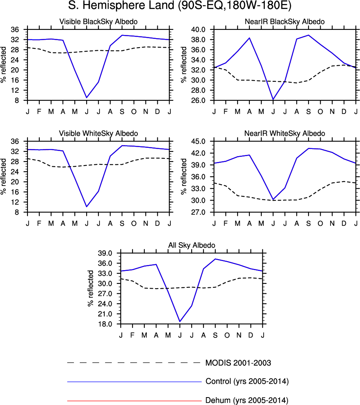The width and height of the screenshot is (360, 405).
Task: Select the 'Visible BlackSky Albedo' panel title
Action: click(x=98, y=22)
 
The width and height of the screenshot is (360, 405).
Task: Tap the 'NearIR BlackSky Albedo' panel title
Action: click(x=285, y=22)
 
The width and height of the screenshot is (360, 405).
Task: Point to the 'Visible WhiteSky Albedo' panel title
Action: click(x=98, y=133)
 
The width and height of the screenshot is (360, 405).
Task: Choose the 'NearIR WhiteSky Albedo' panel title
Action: click(x=285, y=133)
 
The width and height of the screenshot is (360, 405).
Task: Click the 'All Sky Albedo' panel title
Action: click(x=192, y=245)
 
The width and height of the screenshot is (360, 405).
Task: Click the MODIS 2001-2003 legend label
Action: click(x=238, y=363)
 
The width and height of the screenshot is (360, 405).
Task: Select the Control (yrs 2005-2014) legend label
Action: click(x=247, y=381)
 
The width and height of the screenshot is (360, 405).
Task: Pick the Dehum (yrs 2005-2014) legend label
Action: click(x=247, y=401)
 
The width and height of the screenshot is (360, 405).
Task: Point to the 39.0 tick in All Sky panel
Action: click(x=105, y=253)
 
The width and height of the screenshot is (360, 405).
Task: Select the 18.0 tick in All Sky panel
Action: click(x=105, y=324)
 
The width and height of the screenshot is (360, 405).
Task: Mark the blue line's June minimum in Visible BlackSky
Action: click(x=87, y=98)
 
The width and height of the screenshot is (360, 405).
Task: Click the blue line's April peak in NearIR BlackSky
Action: click(x=249, y=38)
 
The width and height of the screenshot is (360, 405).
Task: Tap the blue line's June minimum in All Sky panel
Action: click(x=180, y=322)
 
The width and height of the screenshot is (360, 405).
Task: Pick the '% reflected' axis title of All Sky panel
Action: click(x=90, y=289)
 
